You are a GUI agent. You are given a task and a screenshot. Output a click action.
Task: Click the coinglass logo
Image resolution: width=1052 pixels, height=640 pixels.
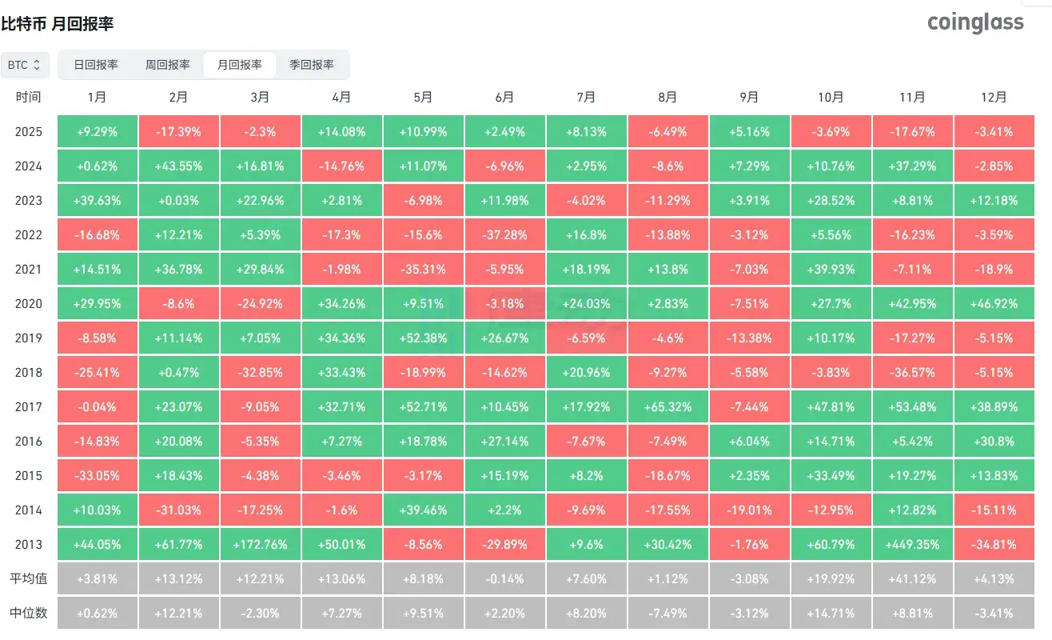(x=975, y=22)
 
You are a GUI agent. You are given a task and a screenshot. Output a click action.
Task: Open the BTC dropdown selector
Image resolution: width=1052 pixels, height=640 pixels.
(x=26, y=65)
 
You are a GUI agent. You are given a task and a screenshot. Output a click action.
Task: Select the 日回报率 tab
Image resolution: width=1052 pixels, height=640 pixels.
(x=96, y=65)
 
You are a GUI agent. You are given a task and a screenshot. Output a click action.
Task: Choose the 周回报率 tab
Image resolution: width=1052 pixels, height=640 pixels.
(x=168, y=65)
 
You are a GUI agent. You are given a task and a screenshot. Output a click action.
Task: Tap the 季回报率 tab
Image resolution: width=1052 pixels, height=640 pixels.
(x=312, y=65)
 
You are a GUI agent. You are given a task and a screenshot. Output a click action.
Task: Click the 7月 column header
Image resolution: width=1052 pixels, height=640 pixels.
(x=586, y=97)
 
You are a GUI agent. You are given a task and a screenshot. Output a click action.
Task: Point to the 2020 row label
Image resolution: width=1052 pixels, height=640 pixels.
(x=28, y=304)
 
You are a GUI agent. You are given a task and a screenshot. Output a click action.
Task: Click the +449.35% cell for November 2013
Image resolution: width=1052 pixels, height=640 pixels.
(x=912, y=545)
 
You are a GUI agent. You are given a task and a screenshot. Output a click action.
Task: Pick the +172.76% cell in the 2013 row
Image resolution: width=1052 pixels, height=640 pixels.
(x=260, y=545)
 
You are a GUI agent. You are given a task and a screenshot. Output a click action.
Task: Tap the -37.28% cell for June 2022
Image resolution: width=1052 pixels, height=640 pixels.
(x=504, y=235)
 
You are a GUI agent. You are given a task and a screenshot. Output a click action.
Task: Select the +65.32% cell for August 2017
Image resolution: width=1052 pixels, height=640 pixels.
(x=667, y=407)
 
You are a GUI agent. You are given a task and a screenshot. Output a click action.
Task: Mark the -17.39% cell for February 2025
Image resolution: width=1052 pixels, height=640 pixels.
(x=178, y=132)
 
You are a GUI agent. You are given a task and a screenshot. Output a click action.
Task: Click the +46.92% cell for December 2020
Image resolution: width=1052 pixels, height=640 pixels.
(x=994, y=304)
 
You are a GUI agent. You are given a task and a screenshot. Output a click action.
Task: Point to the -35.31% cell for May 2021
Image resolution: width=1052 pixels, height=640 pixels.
(x=423, y=270)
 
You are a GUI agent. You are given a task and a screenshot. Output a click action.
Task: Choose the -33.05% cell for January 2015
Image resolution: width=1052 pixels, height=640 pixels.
(x=97, y=476)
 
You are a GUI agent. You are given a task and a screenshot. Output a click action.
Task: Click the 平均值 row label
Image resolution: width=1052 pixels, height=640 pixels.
(x=28, y=579)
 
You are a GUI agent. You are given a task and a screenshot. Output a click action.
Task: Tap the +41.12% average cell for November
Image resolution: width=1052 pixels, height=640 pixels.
(x=912, y=579)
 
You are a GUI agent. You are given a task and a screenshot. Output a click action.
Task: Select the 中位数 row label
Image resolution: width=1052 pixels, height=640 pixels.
(x=28, y=614)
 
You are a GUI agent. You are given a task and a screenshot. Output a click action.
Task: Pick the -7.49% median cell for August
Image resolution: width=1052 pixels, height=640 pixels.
(x=667, y=614)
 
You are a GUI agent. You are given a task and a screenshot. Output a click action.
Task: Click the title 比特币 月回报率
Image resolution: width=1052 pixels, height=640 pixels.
(x=58, y=24)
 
